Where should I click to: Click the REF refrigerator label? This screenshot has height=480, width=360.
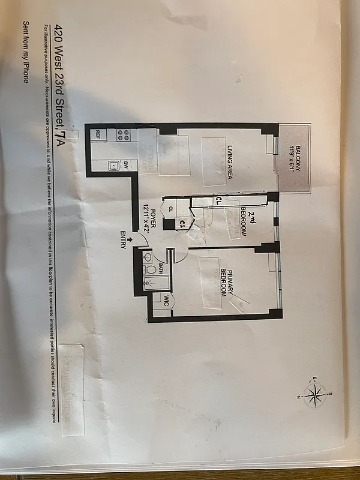94,135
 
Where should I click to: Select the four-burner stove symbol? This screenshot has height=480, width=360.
124,135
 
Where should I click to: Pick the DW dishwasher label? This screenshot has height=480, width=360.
126,163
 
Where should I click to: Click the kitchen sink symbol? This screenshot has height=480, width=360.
112,167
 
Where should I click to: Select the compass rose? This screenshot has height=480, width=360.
315,394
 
